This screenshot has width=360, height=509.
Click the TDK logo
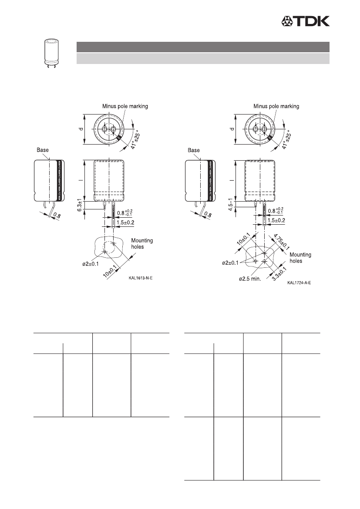(305, 21)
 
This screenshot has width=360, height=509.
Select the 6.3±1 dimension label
(80, 206)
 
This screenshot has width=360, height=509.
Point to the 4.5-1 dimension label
(231, 205)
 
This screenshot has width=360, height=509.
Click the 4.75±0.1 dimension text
(281, 242)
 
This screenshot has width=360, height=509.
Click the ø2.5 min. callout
(250, 279)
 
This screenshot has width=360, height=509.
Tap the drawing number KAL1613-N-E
(141, 278)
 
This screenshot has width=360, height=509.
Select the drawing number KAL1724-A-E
(299, 283)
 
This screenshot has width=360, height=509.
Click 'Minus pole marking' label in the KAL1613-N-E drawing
(125, 106)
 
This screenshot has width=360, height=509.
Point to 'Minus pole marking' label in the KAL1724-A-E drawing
(276, 106)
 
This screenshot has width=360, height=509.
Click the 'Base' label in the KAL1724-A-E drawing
(193, 150)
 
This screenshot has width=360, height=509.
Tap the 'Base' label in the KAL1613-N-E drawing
(43, 150)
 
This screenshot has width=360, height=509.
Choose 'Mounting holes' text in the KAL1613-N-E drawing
(142, 243)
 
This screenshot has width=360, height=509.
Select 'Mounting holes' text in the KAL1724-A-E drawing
(300, 258)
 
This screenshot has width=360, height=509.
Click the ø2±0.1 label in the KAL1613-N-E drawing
(90, 264)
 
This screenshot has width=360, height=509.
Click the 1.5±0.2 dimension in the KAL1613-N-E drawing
(125, 222)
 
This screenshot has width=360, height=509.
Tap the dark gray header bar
(203, 47)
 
